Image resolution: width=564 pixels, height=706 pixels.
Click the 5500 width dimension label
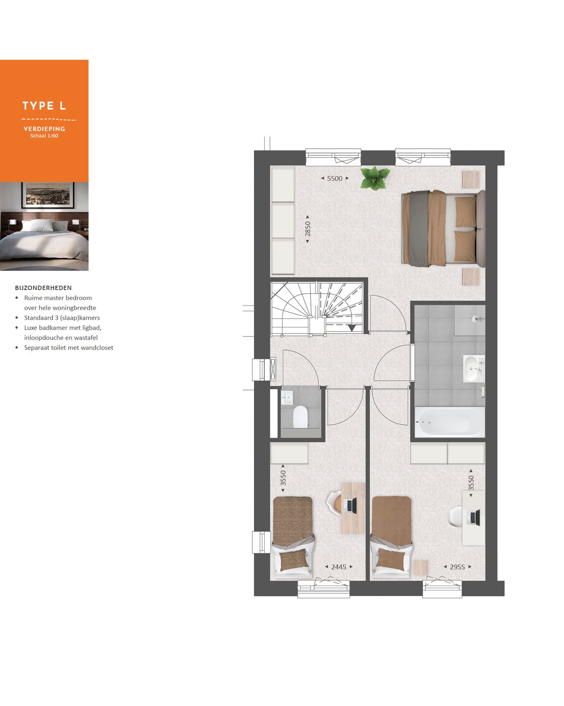335,178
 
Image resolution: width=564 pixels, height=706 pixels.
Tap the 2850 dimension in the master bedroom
308,229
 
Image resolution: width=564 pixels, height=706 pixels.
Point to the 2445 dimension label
339,567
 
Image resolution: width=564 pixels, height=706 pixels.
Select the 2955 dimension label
457,567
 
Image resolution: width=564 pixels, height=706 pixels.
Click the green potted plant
375,178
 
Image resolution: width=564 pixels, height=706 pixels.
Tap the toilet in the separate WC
300,417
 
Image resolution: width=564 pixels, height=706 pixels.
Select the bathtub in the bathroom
449,422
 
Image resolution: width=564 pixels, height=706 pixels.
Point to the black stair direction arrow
351,328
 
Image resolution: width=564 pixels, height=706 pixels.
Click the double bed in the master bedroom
443,228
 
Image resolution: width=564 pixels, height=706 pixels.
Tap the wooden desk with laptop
353,508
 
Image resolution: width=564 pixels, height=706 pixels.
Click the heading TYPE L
44,106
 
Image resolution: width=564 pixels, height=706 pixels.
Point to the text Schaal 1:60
44,136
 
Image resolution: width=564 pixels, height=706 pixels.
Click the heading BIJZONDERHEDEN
43,288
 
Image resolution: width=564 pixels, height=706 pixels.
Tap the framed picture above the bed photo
48,195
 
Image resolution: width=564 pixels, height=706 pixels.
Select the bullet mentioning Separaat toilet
68,347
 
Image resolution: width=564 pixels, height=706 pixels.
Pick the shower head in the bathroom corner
476,318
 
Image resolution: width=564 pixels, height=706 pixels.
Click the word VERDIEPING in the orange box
44,129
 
